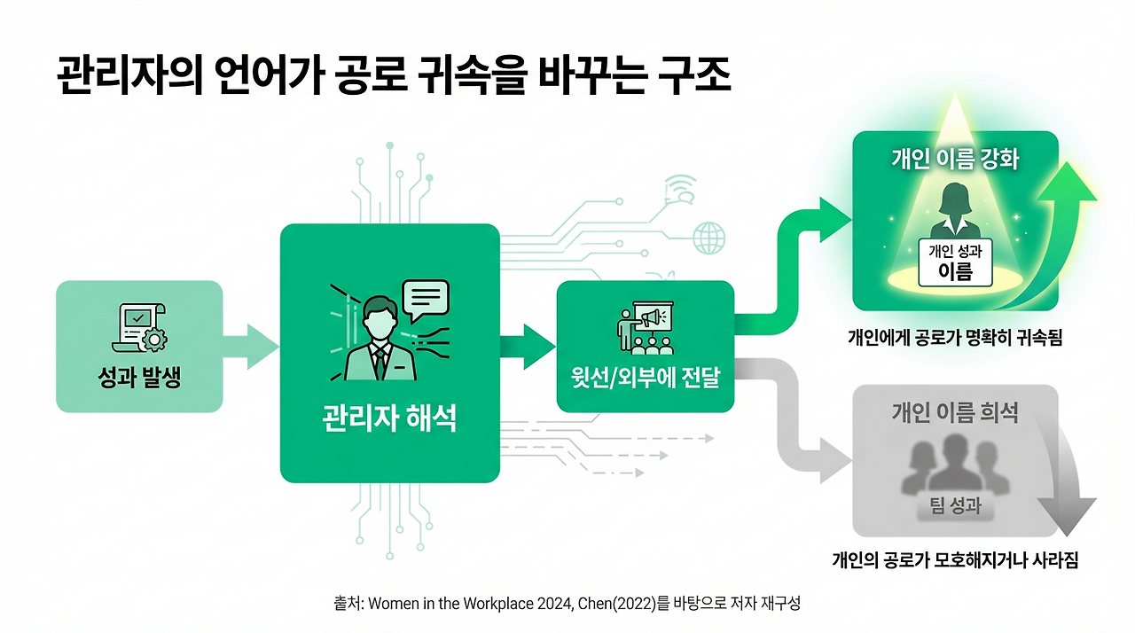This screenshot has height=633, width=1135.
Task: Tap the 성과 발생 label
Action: coord(138,379)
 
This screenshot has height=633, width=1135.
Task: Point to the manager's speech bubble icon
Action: coord(426,300)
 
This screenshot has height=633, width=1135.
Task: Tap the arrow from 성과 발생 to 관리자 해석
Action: coord(251,347)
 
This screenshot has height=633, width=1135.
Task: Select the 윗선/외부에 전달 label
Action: coord(645,379)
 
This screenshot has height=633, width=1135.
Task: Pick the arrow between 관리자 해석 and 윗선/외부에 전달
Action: coord(529,347)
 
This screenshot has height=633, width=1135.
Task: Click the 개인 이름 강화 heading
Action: coord(954,160)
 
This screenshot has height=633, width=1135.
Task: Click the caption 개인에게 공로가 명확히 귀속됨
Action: coord(954,337)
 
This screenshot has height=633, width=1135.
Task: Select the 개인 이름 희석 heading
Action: coord(954,412)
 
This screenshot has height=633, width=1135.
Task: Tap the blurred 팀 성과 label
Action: coord(954,507)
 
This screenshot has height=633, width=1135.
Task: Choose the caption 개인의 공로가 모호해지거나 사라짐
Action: coord(954,560)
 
